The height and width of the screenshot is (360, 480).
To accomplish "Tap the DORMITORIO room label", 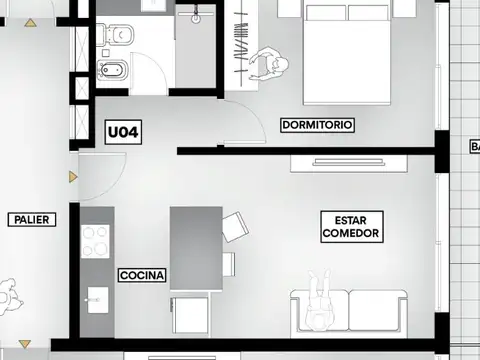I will tap(317, 125).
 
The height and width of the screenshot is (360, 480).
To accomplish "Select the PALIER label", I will tap(30, 219).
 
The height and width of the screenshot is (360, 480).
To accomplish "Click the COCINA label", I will tap(142, 274).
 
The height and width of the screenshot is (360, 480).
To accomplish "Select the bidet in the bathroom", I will tap(110, 71).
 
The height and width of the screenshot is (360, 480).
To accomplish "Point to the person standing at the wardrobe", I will tap(269, 66).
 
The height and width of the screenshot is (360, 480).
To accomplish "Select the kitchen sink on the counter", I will tap(96, 297).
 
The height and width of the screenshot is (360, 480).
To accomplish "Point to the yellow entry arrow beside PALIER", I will tap(71, 177).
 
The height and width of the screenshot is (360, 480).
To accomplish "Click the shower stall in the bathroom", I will tap(197, 45).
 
